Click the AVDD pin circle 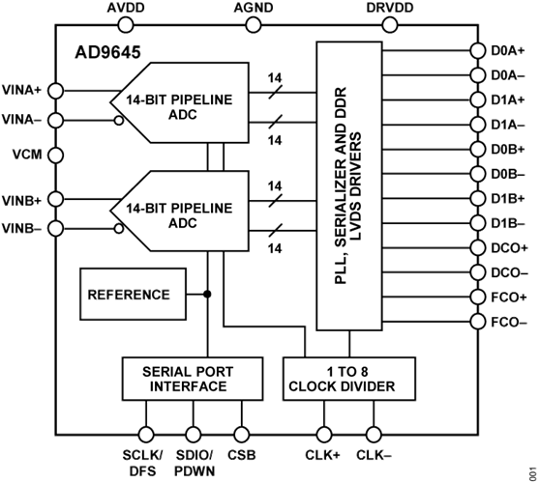coord(126,25)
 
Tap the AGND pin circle coord(254,25)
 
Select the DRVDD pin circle coord(389,25)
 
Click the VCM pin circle coord(55,155)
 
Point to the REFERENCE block coord(133,295)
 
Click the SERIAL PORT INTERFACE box coord(193,379)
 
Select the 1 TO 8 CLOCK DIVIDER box coord(348,379)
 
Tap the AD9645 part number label coord(107,52)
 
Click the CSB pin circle coord(241,435)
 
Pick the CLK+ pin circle coord(324,435)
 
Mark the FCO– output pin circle coord(478,322)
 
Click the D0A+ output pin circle coord(478,51)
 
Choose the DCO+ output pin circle coord(478,247)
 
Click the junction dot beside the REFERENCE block coord(207,295)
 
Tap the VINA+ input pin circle coord(55,91)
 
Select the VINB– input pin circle coord(55,228)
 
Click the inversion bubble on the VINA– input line coord(119,121)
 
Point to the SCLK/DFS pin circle coord(146,435)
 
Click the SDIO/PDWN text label coord(195,463)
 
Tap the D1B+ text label coord(508,199)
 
